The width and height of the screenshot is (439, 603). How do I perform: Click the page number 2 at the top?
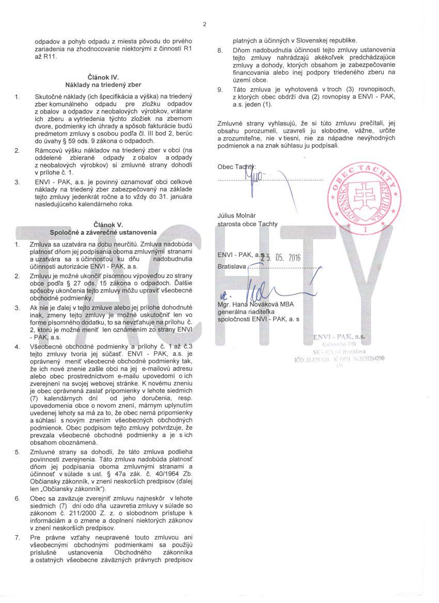pyautogui.click(x=205, y=24)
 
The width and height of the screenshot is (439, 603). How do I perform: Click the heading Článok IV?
pyautogui.click(x=103, y=77)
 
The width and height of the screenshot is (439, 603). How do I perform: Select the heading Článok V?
pyautogui.click(x=103, y=225)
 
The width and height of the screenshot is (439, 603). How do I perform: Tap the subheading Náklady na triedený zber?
pyautogui.click(x=103, y=84)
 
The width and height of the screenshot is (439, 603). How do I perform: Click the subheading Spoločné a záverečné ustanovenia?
pyautogui.click(x=103, y=233)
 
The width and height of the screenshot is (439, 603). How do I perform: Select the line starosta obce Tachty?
pyautogui.click(x=248, y=224)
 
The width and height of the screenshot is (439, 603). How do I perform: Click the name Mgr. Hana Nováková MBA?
pyautogui.click(x=256, y=304)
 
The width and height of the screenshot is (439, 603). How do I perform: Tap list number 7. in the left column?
pyautogui.click(x=17, y=538)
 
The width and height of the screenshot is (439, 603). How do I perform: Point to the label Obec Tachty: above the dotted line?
pyautogui.click(x=237, y=167)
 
